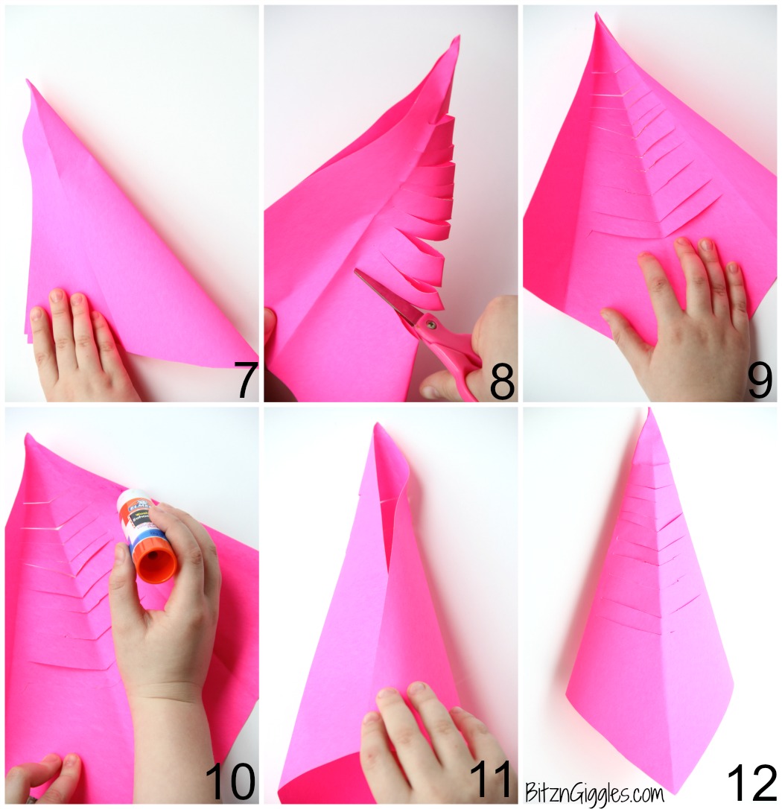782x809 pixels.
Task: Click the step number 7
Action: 244,380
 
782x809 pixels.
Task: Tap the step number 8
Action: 502,381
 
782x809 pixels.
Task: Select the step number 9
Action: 760,381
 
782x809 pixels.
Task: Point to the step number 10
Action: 230,782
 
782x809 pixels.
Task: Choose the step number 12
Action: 752,782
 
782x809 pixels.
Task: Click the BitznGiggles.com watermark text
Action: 594,791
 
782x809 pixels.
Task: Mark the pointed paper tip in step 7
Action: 29,83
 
